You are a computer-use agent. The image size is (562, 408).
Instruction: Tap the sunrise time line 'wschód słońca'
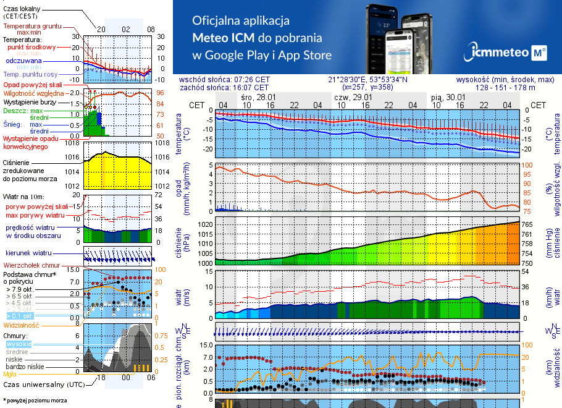click(x=233, y=80)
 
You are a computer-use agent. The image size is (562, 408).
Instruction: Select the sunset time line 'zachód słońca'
click(x=232, y=88)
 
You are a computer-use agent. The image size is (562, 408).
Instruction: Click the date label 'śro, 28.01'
click(x=258, y=98)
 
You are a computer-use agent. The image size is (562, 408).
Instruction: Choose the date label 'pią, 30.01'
click(x=448, y=98)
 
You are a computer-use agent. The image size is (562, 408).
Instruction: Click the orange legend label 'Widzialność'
click(x=21, y=325)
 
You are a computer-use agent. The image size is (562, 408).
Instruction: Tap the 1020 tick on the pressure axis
click(x=204, y=224)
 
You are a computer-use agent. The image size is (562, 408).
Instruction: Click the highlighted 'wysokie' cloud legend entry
click(x=18, y=344)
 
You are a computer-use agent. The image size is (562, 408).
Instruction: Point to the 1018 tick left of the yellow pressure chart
click(x=73, y=143)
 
